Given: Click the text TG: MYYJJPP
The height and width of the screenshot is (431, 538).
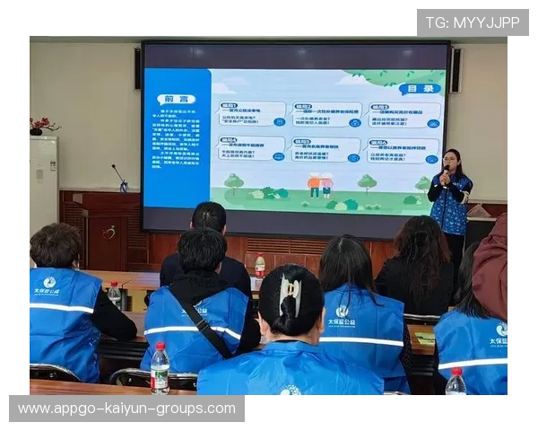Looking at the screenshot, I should [x=472, y=22].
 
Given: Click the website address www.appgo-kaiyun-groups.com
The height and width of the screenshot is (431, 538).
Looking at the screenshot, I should [x=126, y=409].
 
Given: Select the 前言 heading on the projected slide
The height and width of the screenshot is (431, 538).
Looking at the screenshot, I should [x=175, y=98].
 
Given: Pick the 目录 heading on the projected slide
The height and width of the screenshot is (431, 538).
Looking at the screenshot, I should [x=421, y=88].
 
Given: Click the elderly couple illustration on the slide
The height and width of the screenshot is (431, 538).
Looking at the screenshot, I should [x=320, y=185].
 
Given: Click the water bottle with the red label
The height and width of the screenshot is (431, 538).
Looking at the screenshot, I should [x=259, y=266].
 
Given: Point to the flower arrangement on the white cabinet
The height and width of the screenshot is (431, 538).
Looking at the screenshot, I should [x=42, y=126].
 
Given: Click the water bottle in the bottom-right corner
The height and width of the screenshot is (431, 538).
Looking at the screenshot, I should [x=456, y=382].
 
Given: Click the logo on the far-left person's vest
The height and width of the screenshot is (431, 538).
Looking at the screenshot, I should [x=49, y=282].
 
